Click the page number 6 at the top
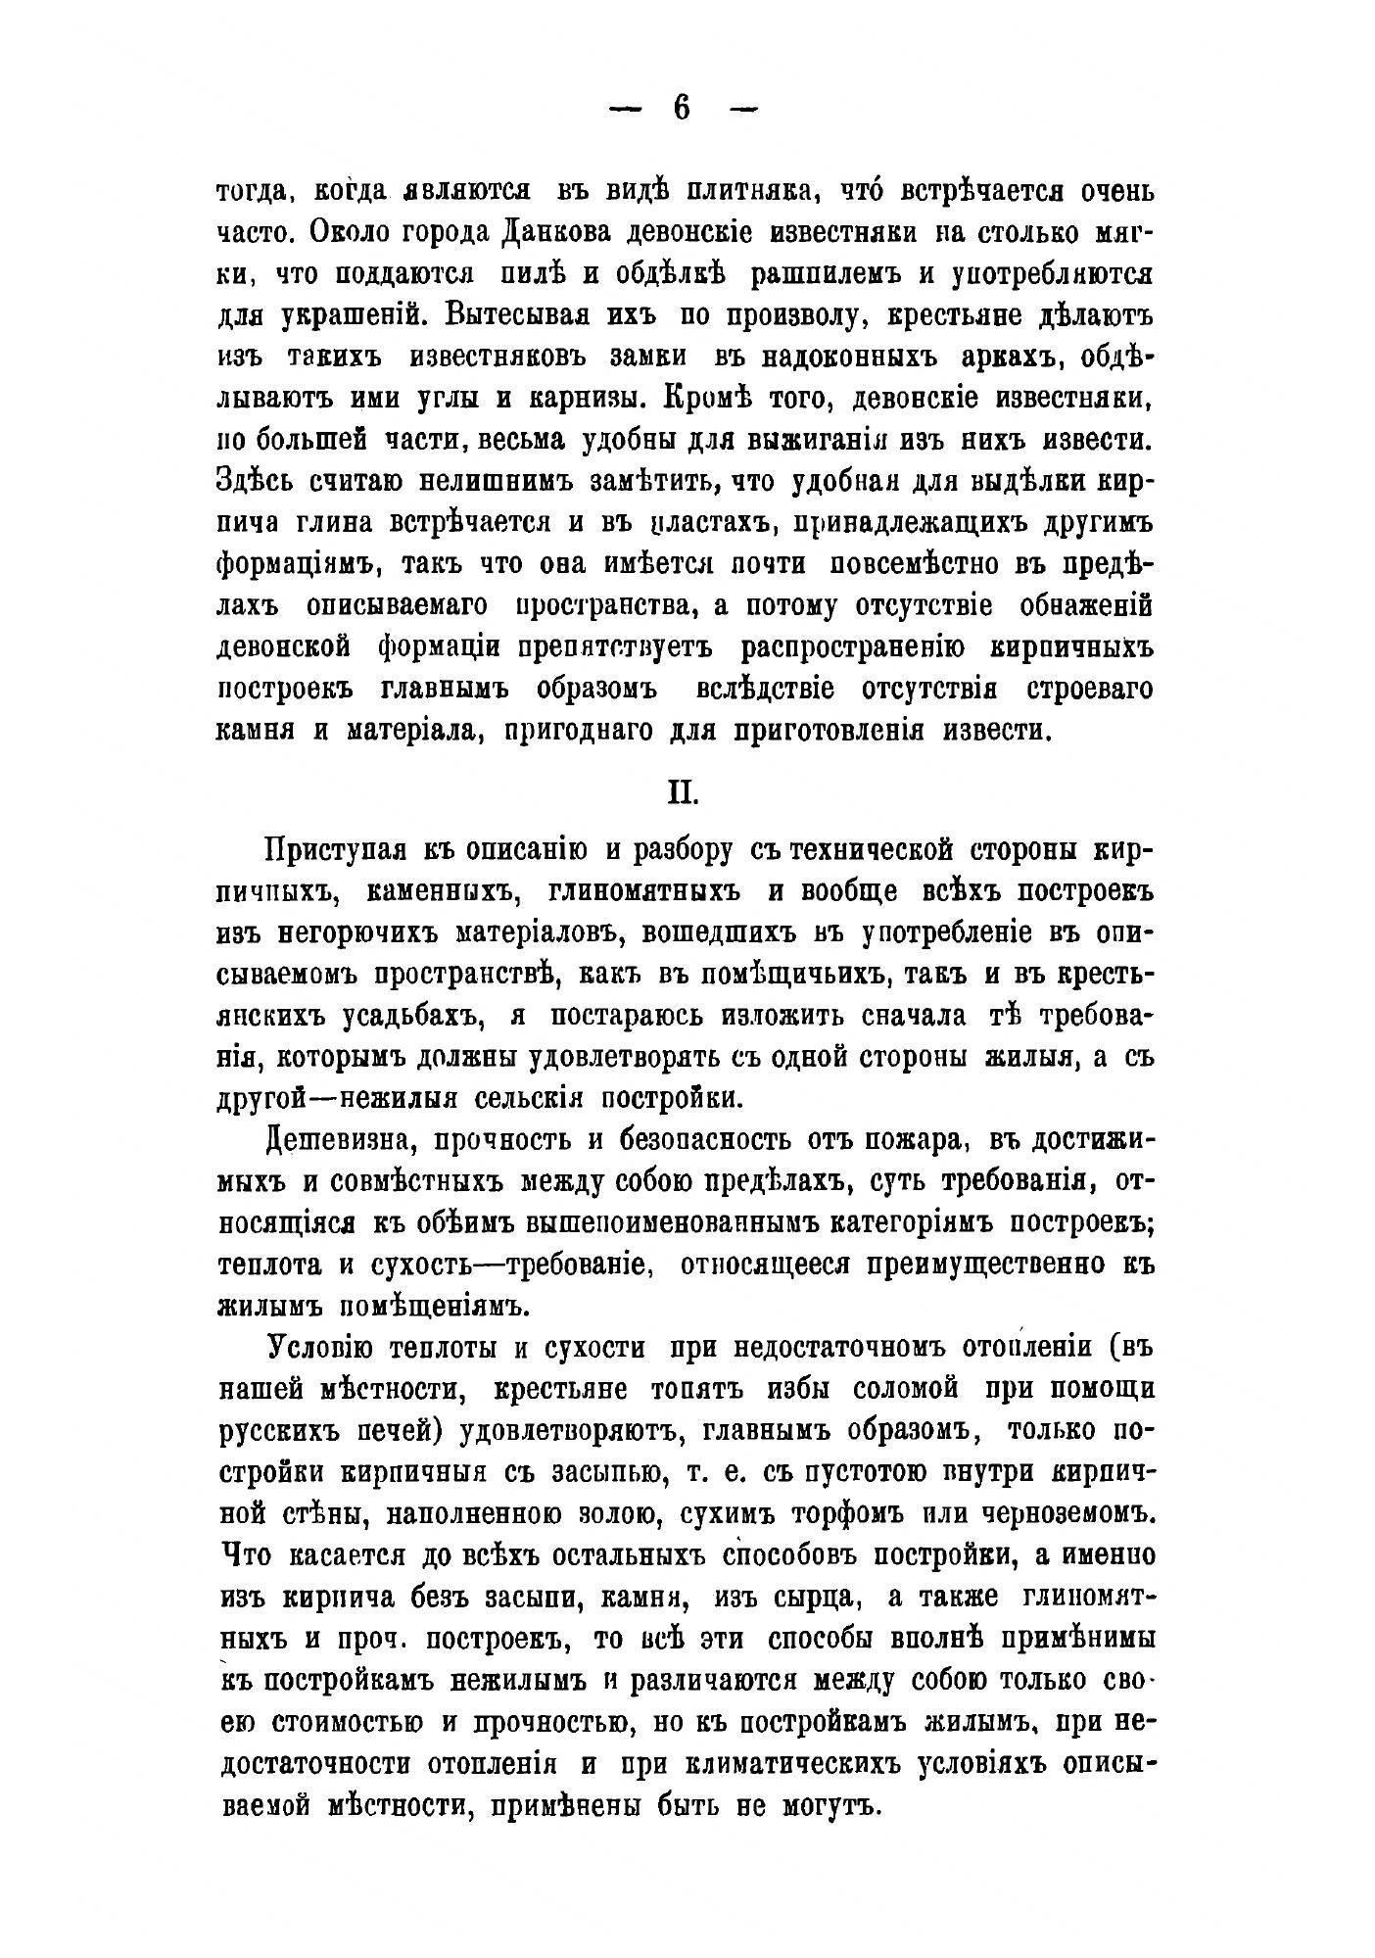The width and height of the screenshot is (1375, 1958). tap(683, 108)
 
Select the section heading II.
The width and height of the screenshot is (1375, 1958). tap(682, 790)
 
